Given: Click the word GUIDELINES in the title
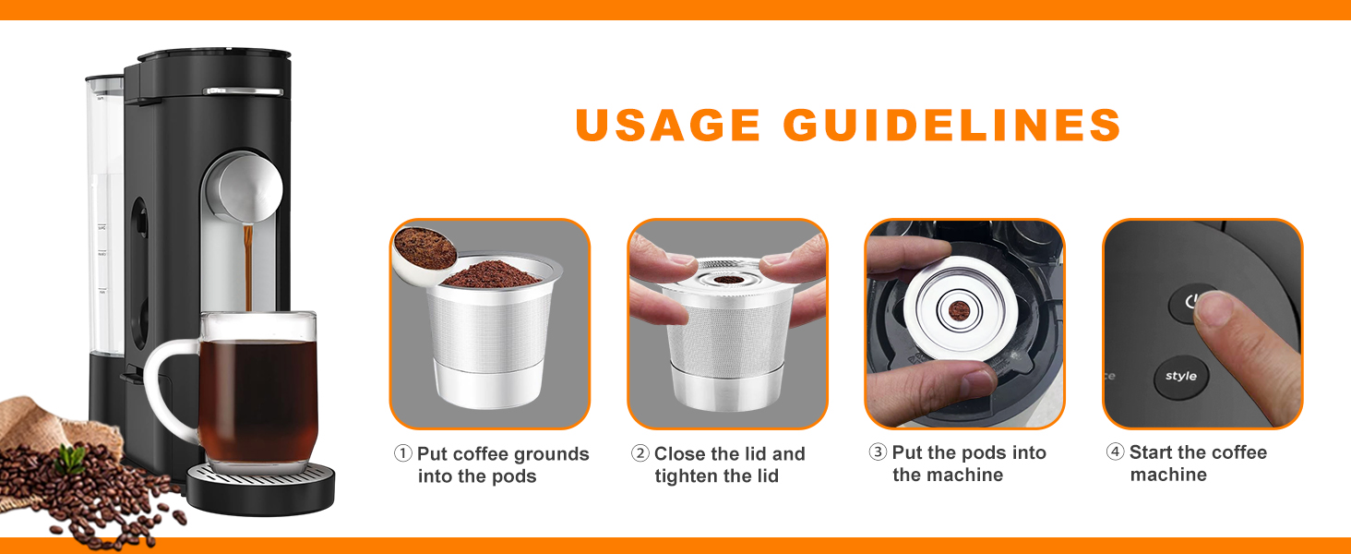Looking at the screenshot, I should tap(951, 125).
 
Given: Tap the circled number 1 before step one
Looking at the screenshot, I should tap(403, 453).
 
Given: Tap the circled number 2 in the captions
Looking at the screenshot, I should tap(640, 453).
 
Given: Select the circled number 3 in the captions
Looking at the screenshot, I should tap(878, 452).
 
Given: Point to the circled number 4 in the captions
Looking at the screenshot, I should tap(1116, 452).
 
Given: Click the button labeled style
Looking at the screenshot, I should tap(1181, 377).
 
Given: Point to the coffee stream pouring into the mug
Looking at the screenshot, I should tap(247, 268).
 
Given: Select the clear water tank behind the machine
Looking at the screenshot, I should tap(103, 222).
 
